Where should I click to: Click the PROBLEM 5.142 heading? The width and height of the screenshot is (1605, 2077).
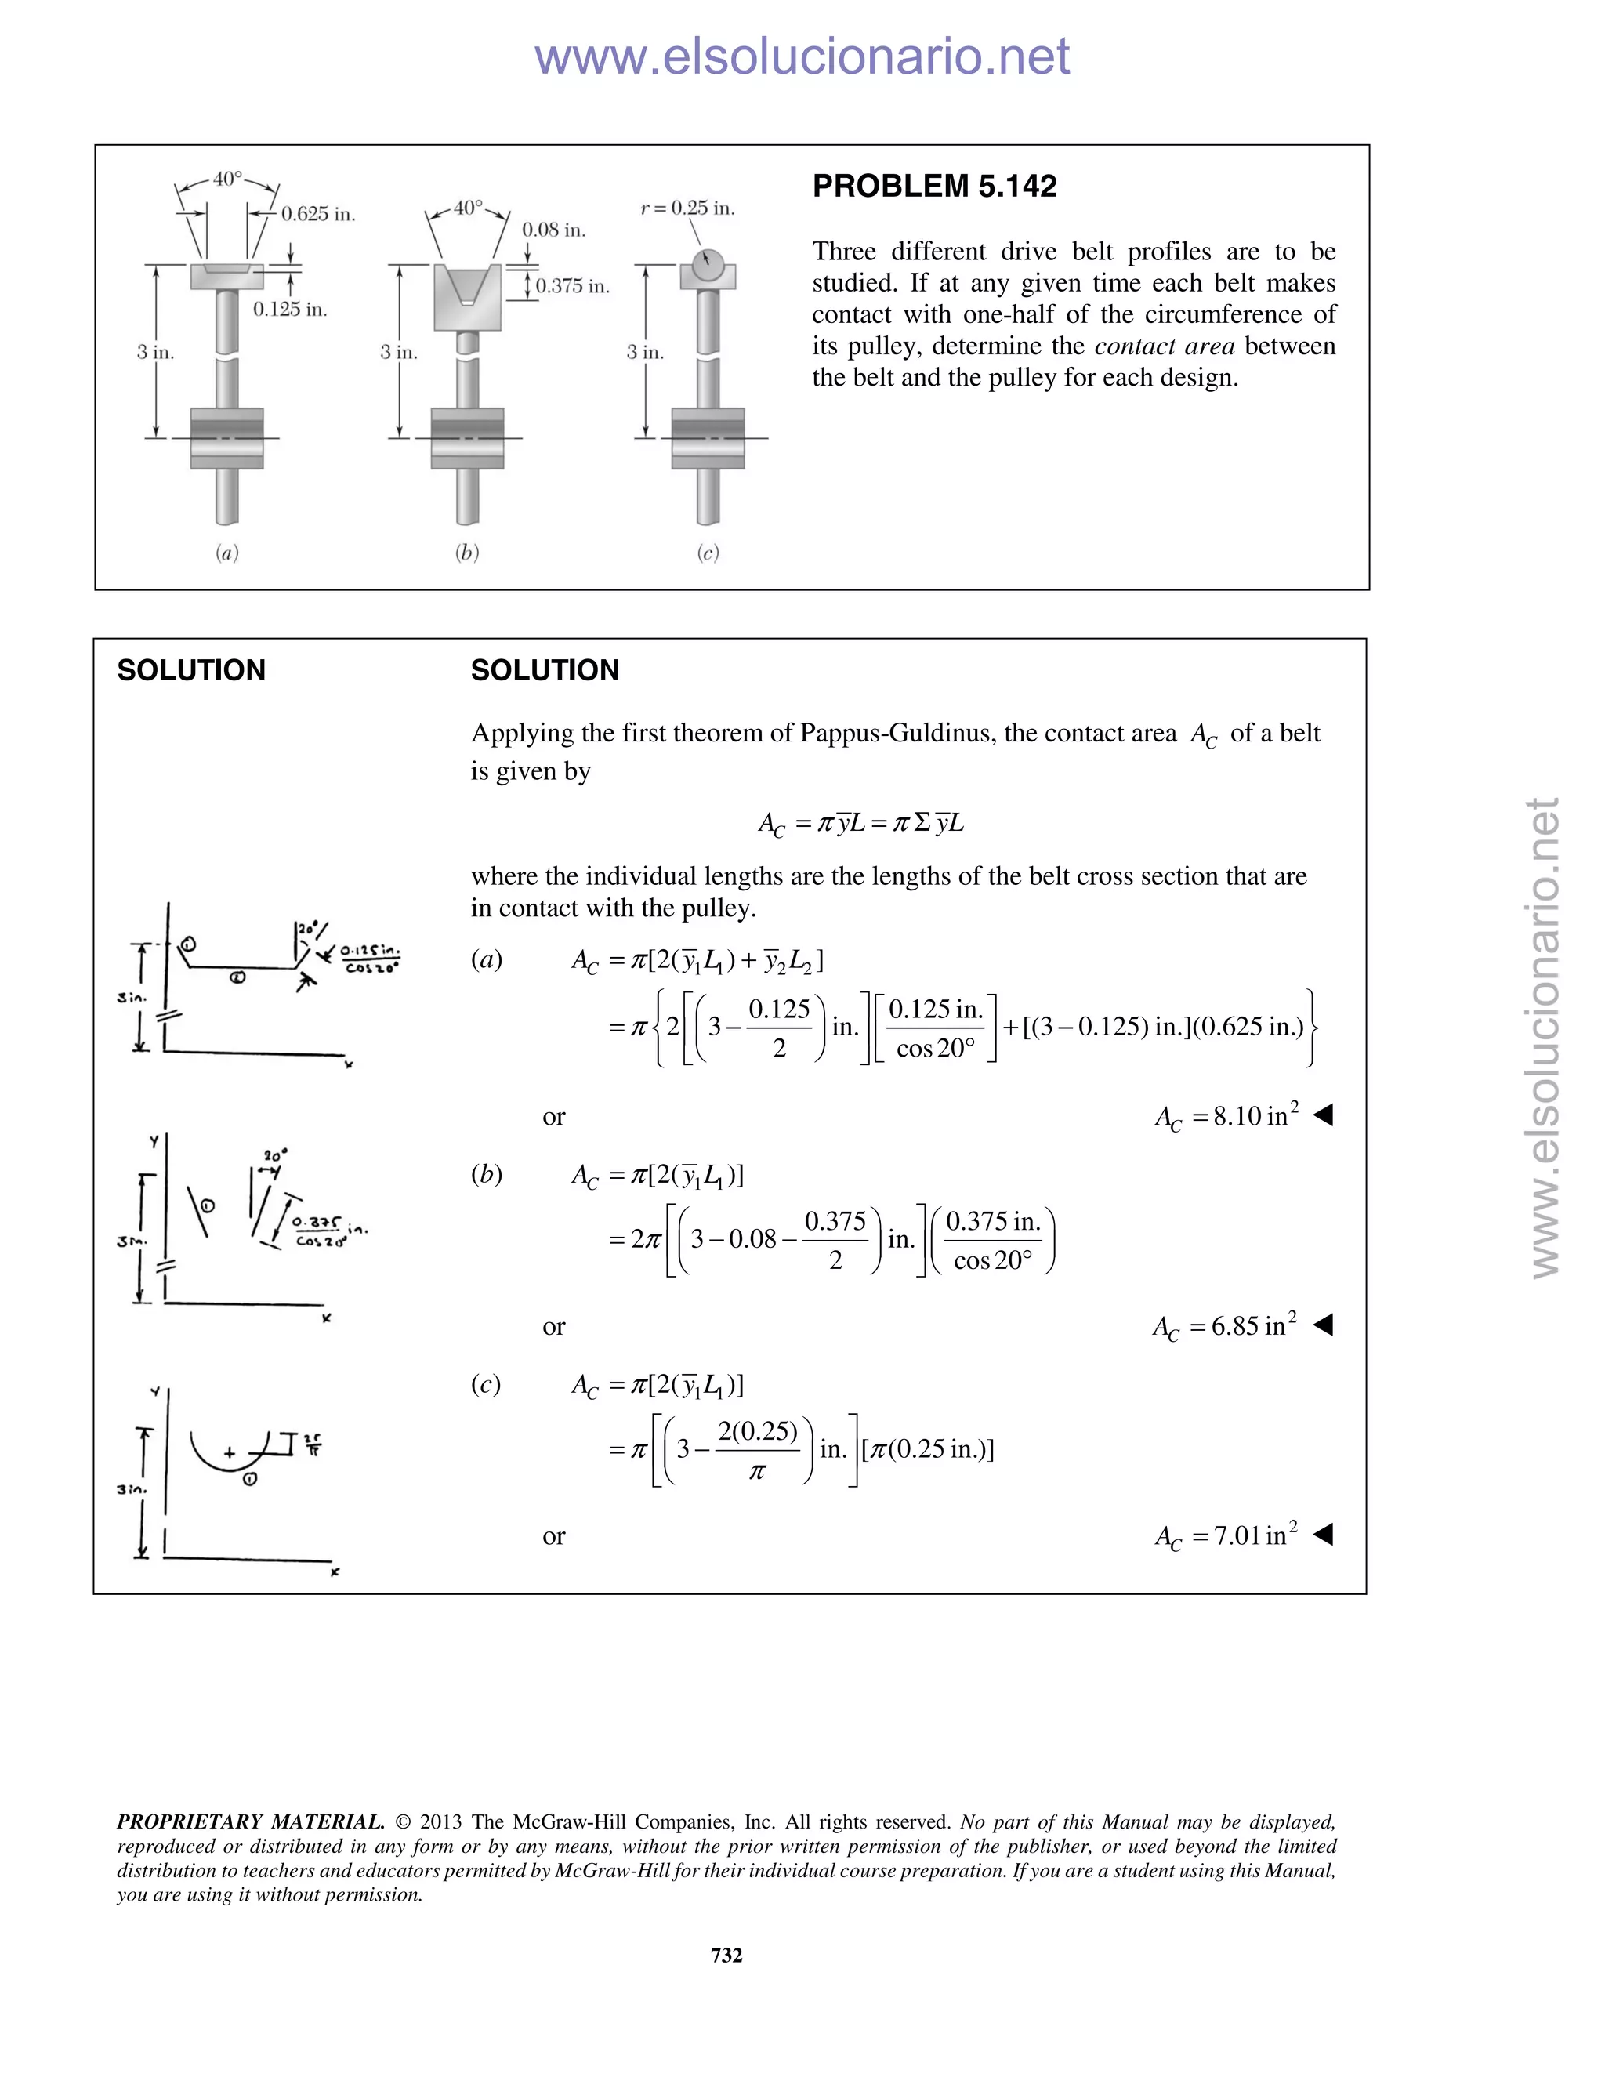tap(933, 187)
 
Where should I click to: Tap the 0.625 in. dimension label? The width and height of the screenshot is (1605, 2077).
tap(317, 214)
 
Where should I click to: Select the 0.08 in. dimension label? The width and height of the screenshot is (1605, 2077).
tap(553, 230)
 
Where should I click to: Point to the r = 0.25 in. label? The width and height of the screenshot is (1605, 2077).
tap(687, 208)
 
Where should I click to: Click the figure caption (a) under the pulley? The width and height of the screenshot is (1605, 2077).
tap(226, 553)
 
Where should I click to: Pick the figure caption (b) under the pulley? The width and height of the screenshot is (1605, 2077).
tap(467, 553)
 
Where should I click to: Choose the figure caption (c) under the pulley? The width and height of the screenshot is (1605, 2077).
tap(708, 553)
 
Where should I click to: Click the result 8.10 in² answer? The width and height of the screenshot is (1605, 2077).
tap(1226, 1116)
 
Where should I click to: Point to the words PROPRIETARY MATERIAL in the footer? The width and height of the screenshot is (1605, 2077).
tap(250, 1822)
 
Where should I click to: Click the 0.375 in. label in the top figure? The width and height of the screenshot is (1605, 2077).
tap(571, 286)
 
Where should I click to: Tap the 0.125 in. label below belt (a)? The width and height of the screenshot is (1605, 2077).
tap(290, 309)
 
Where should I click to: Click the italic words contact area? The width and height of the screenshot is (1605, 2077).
tap(1164, 346)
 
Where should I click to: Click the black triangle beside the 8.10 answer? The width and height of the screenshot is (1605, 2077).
tap(1323, 1115)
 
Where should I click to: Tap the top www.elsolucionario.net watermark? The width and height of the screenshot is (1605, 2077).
tap(802, 57)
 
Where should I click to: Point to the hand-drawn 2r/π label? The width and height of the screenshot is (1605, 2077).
tap(313, 1444)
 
